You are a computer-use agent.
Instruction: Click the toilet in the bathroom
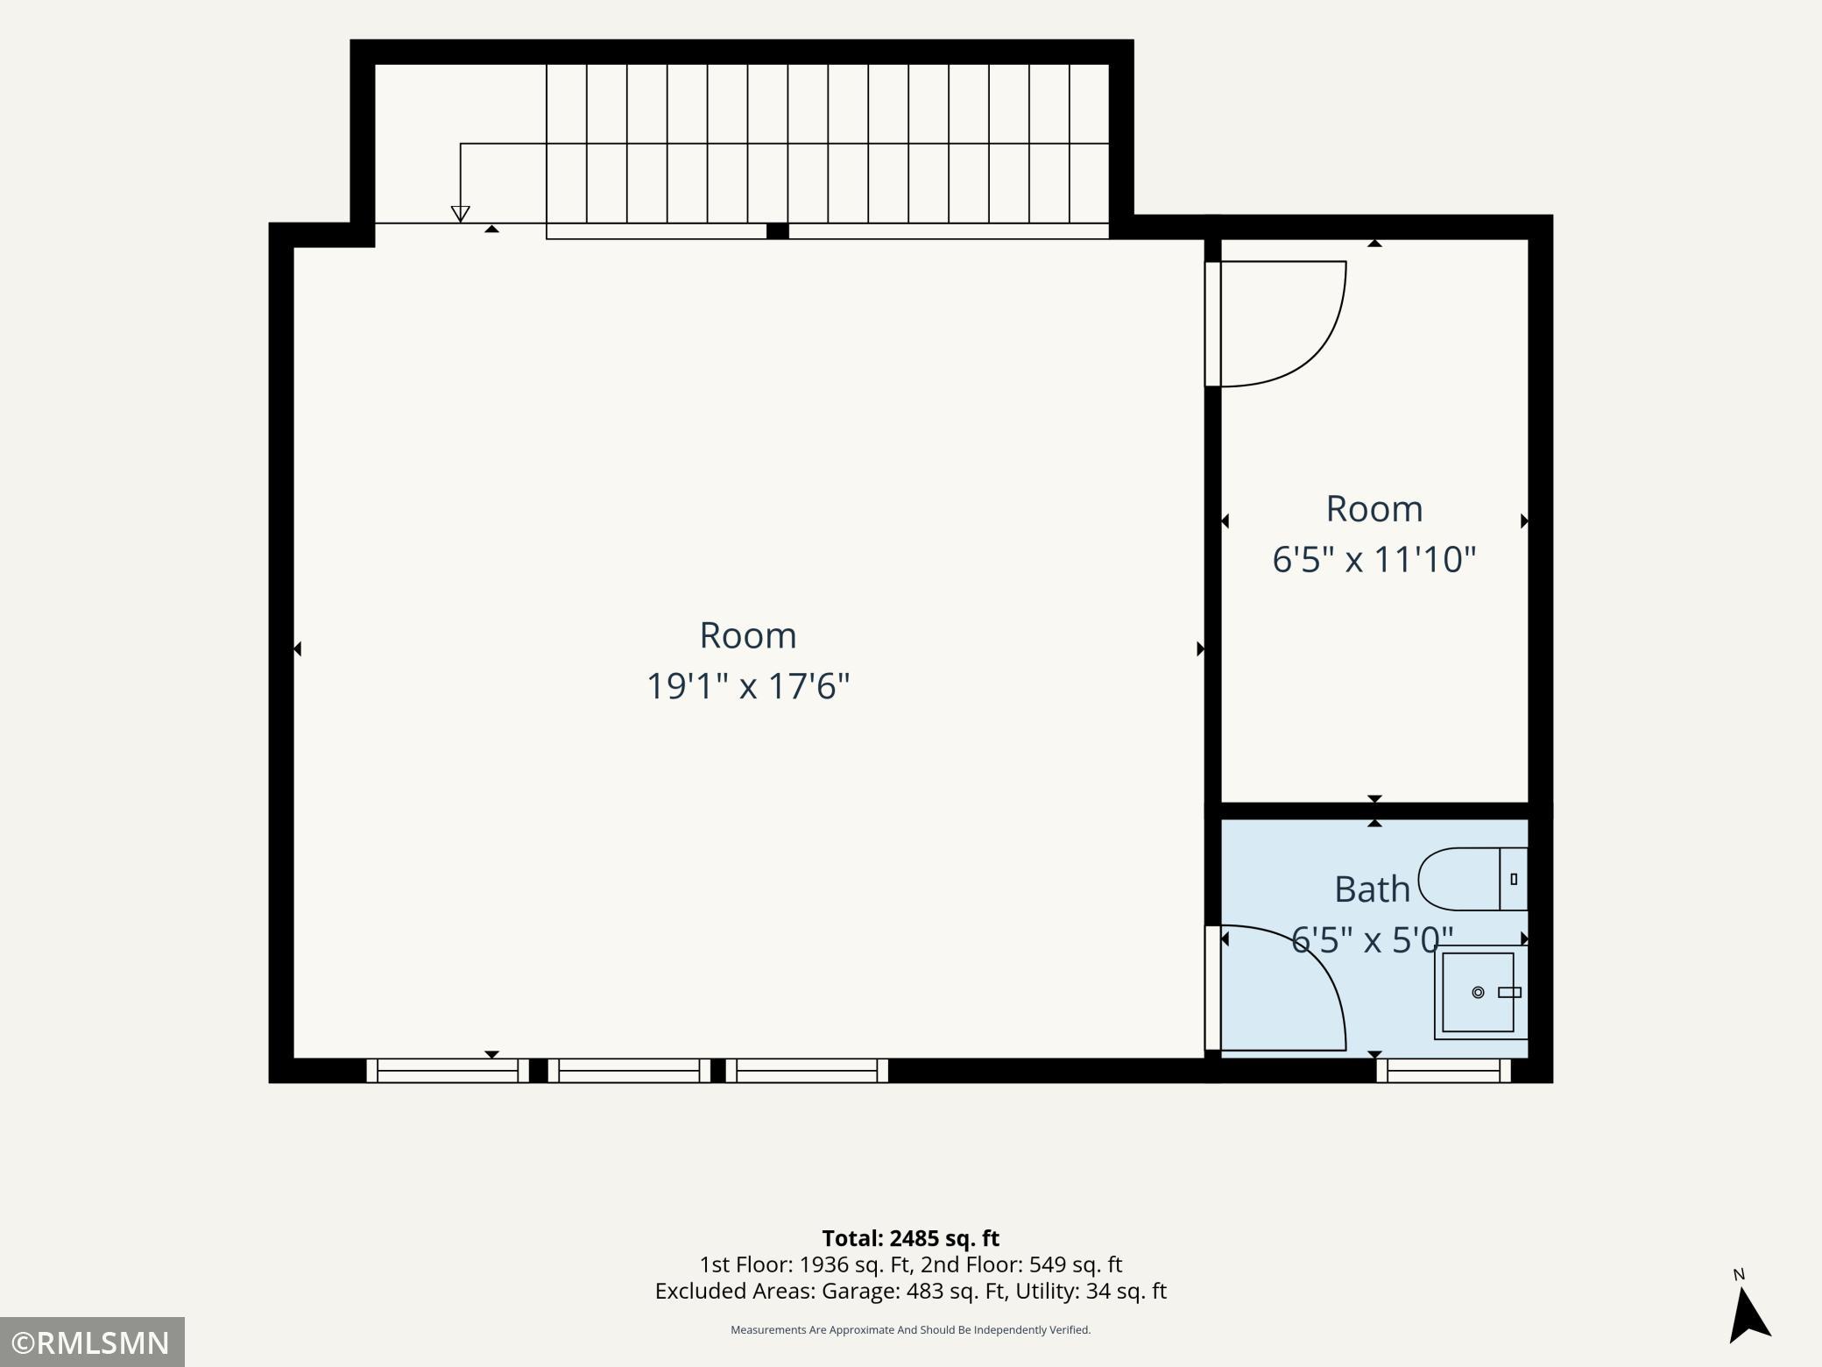1472,879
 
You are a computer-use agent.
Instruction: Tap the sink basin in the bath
1478,992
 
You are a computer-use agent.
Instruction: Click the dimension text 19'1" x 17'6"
748,686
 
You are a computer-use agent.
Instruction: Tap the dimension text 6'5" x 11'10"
1374,559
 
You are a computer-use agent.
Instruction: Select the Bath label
1372,889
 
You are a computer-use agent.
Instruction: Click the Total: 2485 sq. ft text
910,1238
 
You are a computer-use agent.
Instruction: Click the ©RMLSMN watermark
91,1342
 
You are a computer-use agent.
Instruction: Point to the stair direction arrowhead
460,214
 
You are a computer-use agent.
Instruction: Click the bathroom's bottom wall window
1444,1071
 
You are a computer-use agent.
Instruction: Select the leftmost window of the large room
448,1071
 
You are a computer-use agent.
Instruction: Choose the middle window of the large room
629,1071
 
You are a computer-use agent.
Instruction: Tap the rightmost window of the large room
807,1071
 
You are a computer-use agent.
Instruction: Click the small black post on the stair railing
777,231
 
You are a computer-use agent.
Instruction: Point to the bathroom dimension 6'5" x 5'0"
1372,940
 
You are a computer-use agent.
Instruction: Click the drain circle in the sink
1478,993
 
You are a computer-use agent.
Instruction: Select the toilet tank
1514,879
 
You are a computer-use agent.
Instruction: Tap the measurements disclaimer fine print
910,1330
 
